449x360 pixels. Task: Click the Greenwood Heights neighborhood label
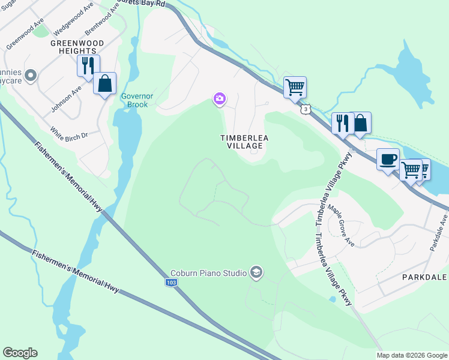77,47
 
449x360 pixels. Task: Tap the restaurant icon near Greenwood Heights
88,65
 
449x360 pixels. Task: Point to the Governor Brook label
137,100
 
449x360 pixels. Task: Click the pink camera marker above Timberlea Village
220,98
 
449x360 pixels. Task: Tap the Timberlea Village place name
242,142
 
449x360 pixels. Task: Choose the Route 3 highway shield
306,109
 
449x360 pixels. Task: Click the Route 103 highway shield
172,281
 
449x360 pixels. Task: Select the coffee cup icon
388,160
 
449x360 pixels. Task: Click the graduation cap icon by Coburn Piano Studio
256,274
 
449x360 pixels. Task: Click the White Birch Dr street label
69,132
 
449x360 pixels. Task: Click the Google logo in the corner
20,353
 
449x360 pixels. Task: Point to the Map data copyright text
412,355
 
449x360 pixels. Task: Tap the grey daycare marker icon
31,76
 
